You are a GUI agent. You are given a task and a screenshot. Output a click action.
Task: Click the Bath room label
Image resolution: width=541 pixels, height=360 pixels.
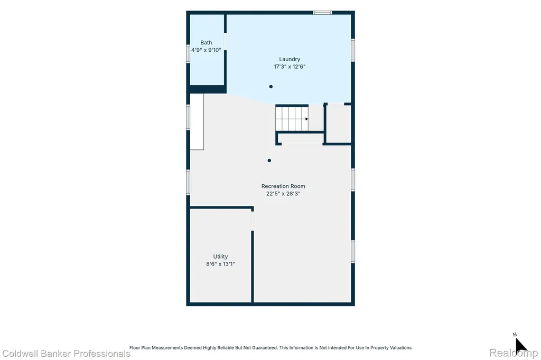[206, 42]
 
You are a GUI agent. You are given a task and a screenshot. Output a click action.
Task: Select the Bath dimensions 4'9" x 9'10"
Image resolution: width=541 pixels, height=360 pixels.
[206, 50]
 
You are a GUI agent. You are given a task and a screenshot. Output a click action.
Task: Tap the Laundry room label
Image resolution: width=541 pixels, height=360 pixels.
[290, 59]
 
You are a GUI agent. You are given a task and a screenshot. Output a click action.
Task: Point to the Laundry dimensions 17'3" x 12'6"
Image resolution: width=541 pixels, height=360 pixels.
[290, 67]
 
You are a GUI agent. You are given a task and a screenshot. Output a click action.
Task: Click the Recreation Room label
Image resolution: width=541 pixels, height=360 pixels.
[283, 186]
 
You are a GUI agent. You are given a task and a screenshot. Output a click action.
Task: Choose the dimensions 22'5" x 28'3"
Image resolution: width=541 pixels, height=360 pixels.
[283, 194]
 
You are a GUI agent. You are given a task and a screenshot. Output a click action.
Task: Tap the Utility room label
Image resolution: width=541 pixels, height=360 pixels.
[220, 257]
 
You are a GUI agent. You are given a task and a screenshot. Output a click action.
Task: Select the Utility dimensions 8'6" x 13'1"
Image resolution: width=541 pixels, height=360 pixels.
[220, 264]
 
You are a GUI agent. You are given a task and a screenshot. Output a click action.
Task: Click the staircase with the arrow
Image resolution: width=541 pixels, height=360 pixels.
[292, 119]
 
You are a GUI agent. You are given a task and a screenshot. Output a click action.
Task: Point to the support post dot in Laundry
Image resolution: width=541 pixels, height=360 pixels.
[271, 87]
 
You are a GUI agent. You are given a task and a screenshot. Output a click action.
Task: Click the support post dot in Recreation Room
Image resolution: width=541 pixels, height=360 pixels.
[269, 160]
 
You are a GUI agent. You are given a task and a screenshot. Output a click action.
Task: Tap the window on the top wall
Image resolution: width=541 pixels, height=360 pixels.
[323, 13]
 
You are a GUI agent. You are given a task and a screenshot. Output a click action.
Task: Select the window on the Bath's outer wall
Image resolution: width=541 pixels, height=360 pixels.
[188, 54]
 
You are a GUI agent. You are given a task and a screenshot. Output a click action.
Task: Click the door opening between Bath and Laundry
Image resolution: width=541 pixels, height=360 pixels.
[225, 41]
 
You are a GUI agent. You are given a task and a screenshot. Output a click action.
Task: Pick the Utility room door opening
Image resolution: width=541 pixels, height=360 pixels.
[252, 221]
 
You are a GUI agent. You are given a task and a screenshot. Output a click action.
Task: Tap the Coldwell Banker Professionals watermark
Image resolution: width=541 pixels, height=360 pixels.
[66, 354]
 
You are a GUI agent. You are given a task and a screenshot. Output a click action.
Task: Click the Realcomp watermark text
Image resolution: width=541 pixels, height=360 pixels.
[514, 353]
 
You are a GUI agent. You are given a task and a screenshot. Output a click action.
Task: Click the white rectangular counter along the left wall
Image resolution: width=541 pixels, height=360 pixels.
[197, 122]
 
